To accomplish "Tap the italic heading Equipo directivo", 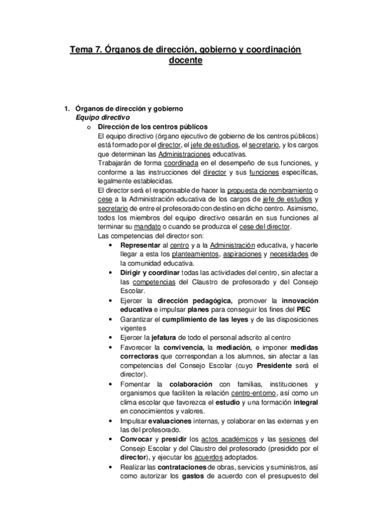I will pyautogui.click(x=102, y=118).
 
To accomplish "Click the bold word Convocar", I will pyautogui.click(x=137, y=440).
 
